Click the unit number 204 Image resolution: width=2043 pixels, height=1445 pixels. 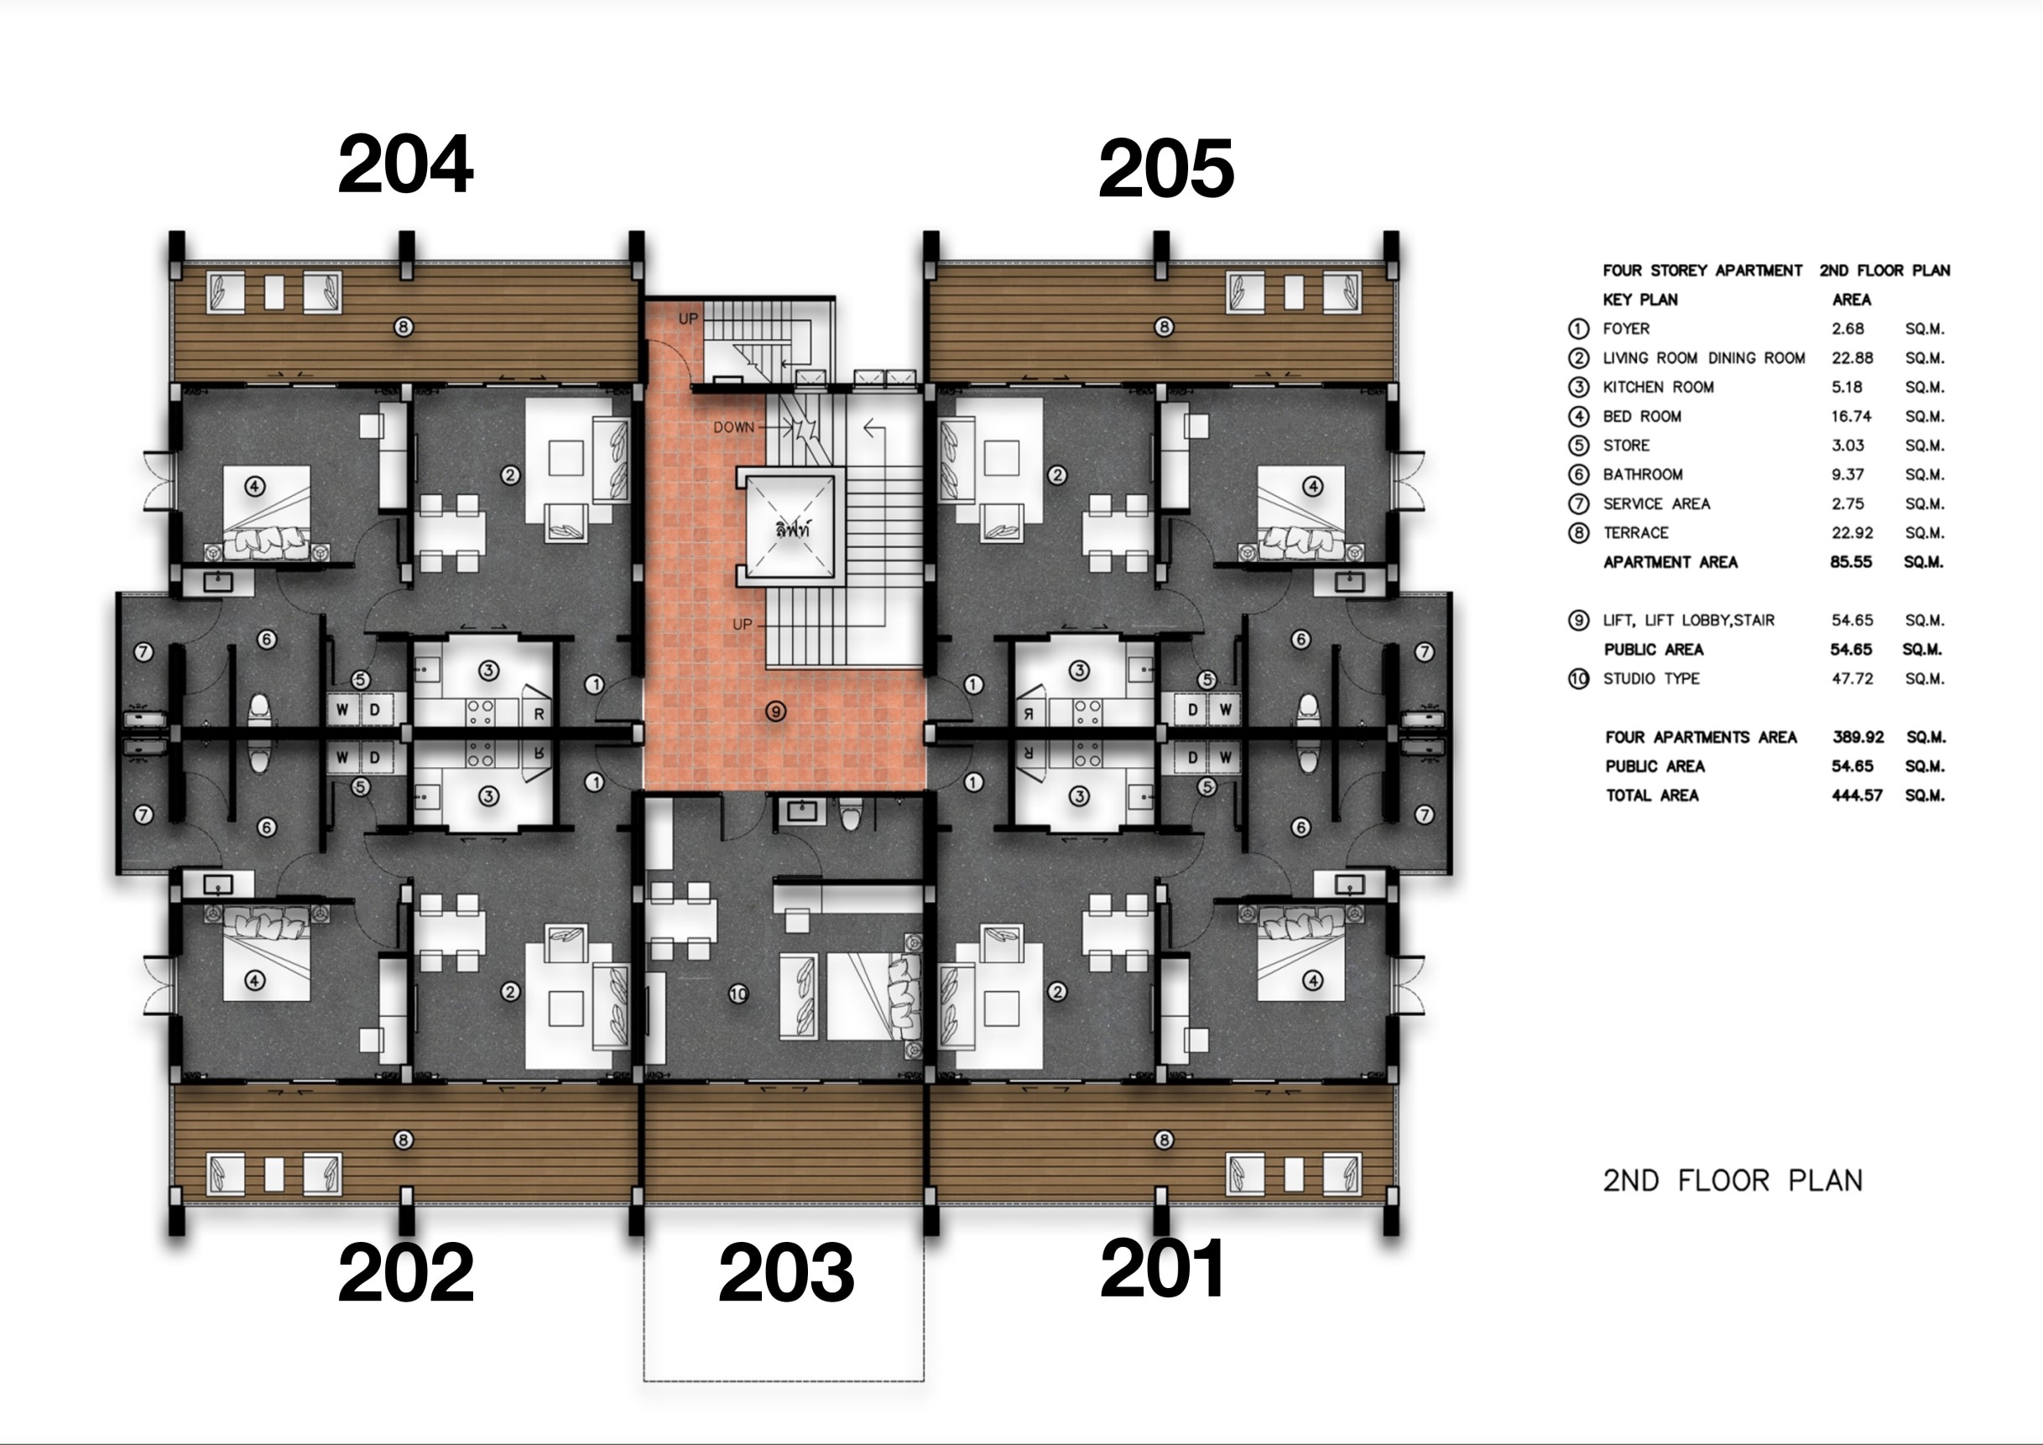tap(406, 164)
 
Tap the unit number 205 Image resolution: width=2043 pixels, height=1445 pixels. tap(1166, 169)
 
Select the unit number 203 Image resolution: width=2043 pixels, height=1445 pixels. tap(787, 1273)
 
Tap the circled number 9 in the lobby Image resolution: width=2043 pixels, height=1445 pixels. tap(777, 711)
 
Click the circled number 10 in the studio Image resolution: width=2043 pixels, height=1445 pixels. tap(738, 994)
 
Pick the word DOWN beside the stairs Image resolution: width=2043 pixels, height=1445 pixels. tap(733, 427)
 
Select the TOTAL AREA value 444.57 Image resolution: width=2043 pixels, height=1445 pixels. tap(1857, 796)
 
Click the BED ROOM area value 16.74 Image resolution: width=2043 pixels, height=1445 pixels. tap(1852, 416)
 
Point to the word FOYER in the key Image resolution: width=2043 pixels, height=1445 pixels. tap(1626, 328)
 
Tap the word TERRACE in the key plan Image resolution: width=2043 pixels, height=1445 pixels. tap(1635, 533)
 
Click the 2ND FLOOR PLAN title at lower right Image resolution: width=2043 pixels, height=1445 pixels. tap(1733, 1181)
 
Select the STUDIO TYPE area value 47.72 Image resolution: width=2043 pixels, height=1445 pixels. tap(1852, 679)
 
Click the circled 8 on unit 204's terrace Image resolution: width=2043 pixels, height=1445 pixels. tap(403, 327)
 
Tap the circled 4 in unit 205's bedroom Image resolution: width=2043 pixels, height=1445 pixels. tap(1312, 486)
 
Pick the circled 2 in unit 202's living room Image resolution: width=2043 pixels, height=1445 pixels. tap(510, 991)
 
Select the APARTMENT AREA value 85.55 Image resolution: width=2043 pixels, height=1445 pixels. tap(1851, 562)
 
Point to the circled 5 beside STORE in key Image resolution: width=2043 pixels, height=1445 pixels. tap(1578, 446)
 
